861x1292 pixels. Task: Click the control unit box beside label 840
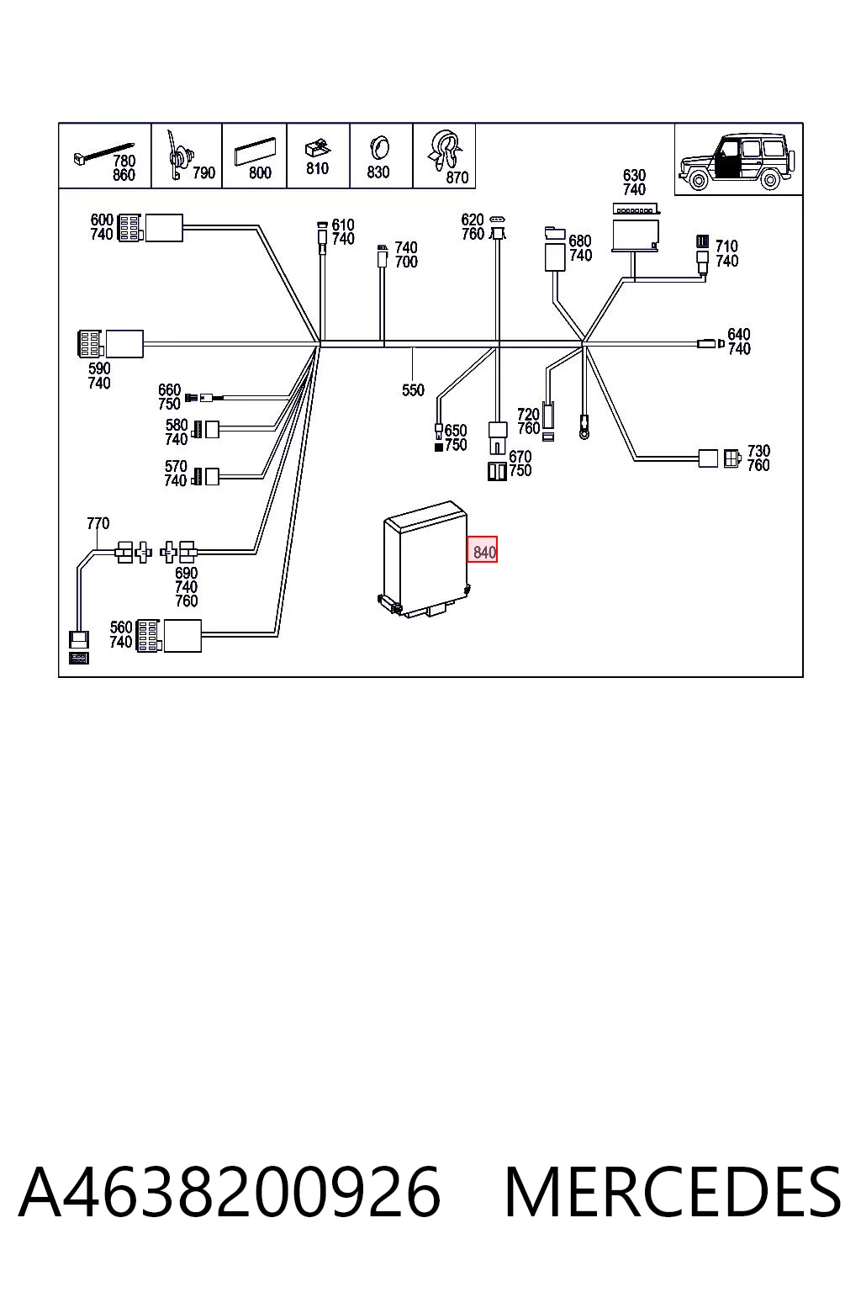425,559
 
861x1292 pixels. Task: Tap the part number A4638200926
230,1192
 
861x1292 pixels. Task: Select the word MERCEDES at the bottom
672,1192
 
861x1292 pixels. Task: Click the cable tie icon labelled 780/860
103,152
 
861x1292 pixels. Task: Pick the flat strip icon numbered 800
254,151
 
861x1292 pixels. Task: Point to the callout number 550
413,390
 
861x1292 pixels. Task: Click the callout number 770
98,523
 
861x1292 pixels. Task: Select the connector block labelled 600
150,228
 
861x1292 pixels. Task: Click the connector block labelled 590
110,344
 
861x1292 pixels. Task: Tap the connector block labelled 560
168,636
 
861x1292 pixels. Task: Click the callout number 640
739,334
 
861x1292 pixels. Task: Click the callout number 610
342,225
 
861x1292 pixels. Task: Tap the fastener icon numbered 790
178,155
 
